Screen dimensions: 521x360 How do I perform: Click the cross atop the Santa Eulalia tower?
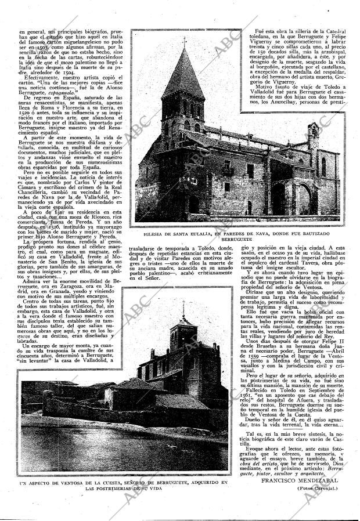point(184,42)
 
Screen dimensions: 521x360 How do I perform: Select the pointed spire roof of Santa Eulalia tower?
point(184,70)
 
